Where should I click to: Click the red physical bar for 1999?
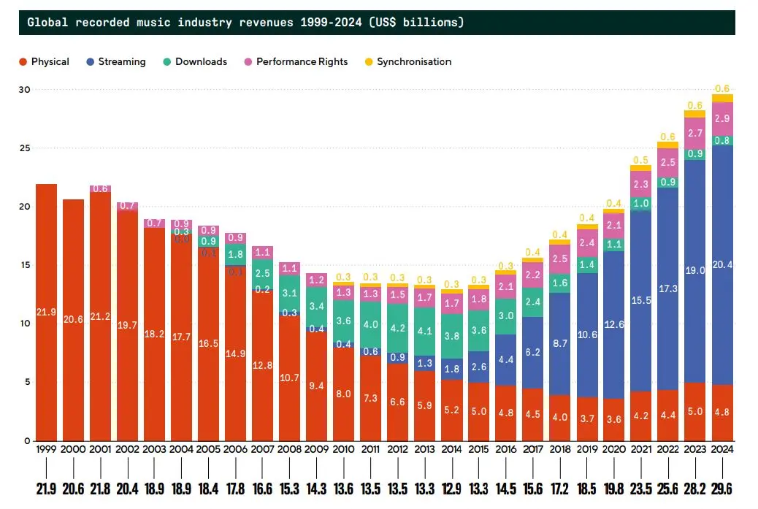coord(46,312)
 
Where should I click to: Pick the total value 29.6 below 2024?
coord(722,487)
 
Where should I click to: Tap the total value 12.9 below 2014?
coord(452,487)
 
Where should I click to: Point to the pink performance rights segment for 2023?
coord(695,133)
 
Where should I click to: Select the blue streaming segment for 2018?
coord(560,343)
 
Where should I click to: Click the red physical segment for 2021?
coord(641,416)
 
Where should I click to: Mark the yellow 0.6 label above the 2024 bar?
coord(722,88)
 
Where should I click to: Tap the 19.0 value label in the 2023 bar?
coord(695,270)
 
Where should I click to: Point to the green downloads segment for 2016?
coord(506,316)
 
